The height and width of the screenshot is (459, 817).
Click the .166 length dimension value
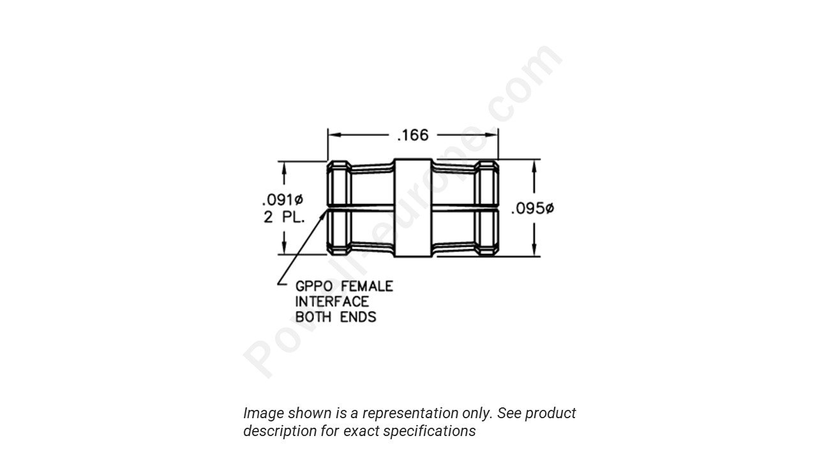coord(413,135)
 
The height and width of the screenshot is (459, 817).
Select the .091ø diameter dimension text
coord(283,199)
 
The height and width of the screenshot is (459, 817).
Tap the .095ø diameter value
coord(532,208)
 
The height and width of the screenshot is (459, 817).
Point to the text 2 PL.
coord(284,217)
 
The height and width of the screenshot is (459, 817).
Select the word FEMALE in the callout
coord(368,286)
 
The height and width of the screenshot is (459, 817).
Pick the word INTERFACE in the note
coord(332,302)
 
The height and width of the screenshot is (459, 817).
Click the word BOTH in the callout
coord(313,317)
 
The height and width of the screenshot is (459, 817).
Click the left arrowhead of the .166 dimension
coord(333,135)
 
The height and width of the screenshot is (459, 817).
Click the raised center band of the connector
coord(413,208)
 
